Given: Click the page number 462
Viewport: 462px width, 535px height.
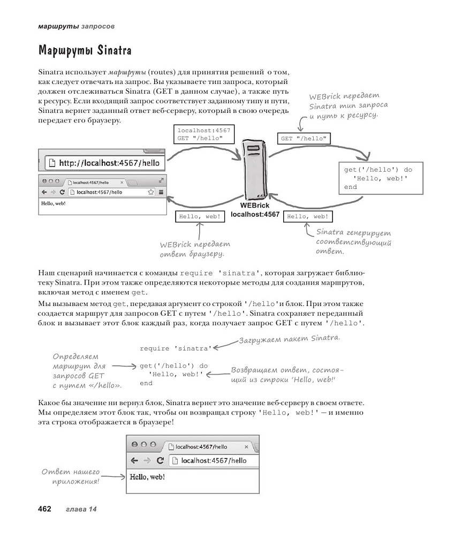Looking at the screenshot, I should pyautogui.click(x=44, y=508).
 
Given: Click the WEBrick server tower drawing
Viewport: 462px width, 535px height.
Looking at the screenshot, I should pyautogui.click(x=254, y=169).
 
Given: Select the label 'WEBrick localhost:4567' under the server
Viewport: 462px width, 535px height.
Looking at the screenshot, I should pyautogui.click(x=255, y=210).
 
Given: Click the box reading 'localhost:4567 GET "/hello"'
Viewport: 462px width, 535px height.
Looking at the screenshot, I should pyautogui.click(x=198, y=134).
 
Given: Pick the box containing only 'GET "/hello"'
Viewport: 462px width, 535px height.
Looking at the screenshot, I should pyautogui.click(x=304, y=138).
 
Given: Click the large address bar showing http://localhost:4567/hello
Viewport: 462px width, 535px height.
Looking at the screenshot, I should pyautogui.click(x=102, y=162).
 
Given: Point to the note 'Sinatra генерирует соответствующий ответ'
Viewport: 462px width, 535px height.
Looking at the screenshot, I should pyautogui.click(x=353, y=241).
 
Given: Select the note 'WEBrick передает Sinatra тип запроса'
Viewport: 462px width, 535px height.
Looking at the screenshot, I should pyautogui.click(x=348, y=105).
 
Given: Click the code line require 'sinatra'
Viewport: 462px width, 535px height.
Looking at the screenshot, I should pyautogui.click(x=175, y=348).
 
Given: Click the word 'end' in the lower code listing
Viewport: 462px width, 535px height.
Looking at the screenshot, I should pyautogui.click(x=146, y=383).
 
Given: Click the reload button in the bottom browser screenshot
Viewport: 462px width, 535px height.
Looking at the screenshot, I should pyautogui.click(x=160, y=460).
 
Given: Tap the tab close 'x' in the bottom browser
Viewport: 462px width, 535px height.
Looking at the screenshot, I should pyautogui.click(x=246, y=446).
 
